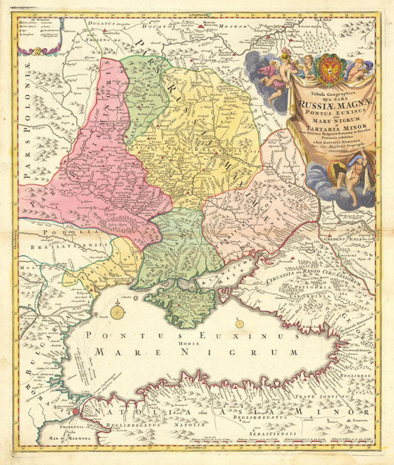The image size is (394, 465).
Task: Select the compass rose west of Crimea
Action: coord(118,312)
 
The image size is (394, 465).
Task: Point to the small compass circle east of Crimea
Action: coord(239,322)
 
